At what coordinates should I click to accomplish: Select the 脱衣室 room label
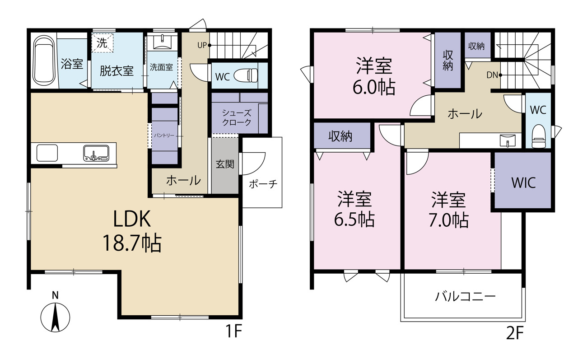coord(117,70)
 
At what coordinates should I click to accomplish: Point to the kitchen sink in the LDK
coord(96,154)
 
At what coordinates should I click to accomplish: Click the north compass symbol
coord(55,315)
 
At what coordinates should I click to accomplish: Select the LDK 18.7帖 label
coord(131,231)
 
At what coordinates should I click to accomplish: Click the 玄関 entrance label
coord(225,164)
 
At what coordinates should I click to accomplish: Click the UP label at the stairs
coord(202,45)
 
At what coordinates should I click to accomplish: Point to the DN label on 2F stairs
coord(492,75)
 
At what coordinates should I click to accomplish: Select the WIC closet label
coord(523,182)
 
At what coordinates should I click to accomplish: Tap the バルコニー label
coord(466,296)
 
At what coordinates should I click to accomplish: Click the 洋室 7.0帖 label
coord(448,210)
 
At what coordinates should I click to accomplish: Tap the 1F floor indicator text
coord(234,333)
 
